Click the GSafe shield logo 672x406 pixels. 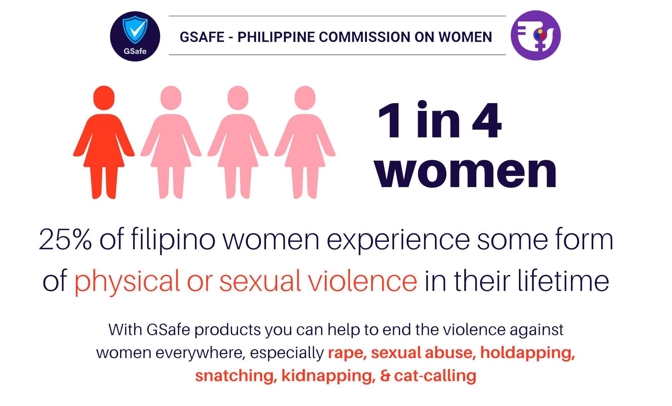pos(135,36)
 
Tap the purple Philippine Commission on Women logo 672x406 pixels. pos(536,35)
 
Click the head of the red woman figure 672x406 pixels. pos(104,98)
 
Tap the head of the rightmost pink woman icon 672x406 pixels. pos(305,98)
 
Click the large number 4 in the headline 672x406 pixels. pos(487,120)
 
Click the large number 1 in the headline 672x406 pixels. pos(390,120)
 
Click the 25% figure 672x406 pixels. pos(65,239)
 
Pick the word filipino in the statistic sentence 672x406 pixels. pos(173,240)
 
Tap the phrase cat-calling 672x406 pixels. pos(435,376)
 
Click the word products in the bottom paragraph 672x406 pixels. pos(227,330)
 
